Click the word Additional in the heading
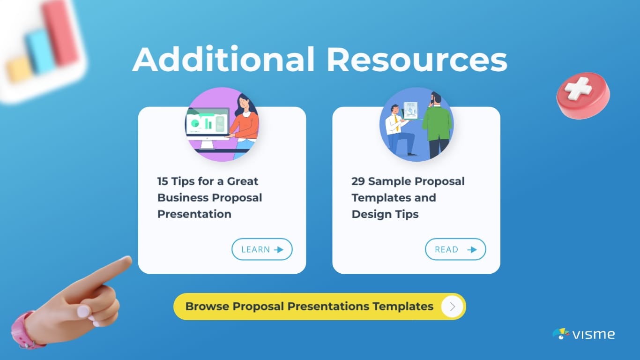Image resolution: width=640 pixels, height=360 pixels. coord(223,60)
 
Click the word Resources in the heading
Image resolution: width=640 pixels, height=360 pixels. coord(417,60)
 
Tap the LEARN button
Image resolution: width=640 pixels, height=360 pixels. coord(262,249)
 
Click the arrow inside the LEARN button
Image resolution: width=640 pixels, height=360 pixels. coord(279,249)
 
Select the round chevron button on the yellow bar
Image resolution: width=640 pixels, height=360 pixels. coord(452,307)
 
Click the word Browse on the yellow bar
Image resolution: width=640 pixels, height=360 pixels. coord(207,307)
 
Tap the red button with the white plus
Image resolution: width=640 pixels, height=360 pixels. coord(582,95)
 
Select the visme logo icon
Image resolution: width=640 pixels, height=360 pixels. coord(561,334)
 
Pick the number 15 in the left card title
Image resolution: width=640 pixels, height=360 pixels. coord(163,181)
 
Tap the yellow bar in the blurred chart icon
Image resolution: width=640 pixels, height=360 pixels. coord(19,70)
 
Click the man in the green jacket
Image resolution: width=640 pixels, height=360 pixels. coord(437,124)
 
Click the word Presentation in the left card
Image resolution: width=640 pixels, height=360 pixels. coord(194,214)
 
